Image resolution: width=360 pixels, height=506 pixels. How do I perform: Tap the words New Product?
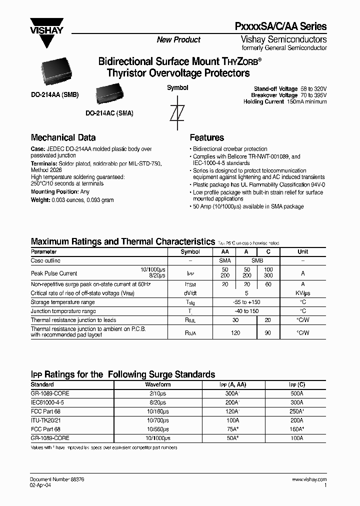pyautogui.click(x=178, y=40)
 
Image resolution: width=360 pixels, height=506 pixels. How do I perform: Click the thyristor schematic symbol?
pyautogui.click(x=174, y=113)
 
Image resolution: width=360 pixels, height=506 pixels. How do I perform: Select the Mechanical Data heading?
pyautogui.click(x=63, y=137)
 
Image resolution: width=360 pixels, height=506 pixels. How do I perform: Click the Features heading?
pyautogui.click(x=206, y=137)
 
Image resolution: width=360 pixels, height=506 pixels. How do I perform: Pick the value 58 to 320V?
pyautogui.click(x=313, y=88)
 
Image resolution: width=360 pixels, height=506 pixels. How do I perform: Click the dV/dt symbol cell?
pyautogui.click(x=190, y=293)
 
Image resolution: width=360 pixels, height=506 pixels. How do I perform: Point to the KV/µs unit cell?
pyautogui.click(x=302, y=293)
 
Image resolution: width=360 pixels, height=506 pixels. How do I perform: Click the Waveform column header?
pyautogui.click(x=157, y=384)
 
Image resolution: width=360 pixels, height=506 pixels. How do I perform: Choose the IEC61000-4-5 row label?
pyautogui.click(x=47, y=402)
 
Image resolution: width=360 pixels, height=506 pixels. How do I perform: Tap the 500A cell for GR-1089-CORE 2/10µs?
pyautogui.click(x=296, y=393)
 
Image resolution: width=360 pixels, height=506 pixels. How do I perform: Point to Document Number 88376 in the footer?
pyautogui.click(x=57, y=479)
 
